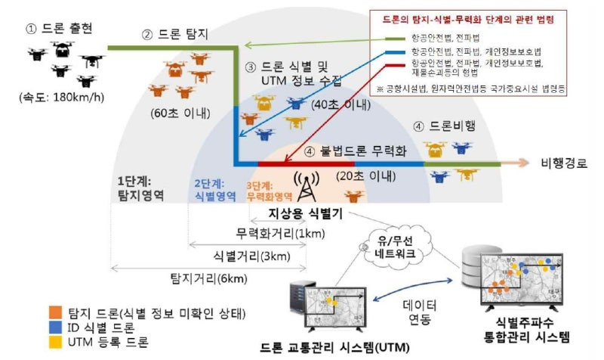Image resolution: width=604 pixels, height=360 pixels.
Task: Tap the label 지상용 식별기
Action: tap(306, 213)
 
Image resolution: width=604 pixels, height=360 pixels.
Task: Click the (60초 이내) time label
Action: tap(181, 115)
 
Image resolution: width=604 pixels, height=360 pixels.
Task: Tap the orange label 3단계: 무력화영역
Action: tap(270, 190)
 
